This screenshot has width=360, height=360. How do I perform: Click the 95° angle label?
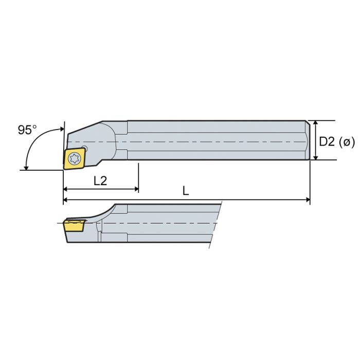27,130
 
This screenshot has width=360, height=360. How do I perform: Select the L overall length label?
186,190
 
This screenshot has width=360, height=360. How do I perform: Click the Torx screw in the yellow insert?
73,159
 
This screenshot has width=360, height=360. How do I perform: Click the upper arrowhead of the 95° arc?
61,129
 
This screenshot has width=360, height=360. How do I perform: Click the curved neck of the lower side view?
106,211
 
